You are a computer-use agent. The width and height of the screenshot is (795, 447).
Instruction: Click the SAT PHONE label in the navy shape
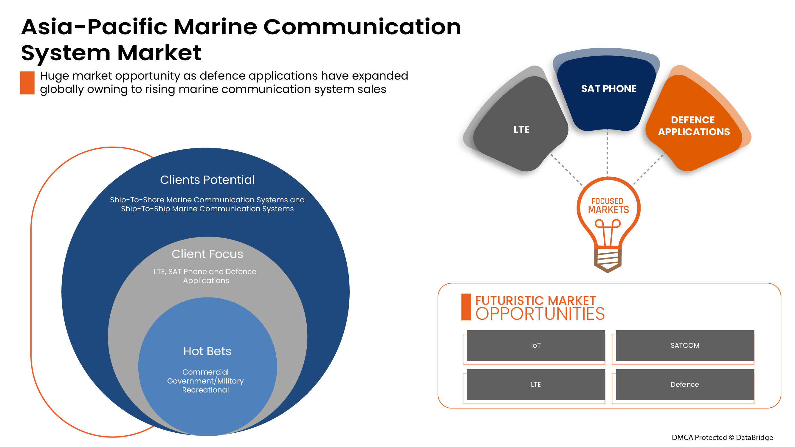[609, 89]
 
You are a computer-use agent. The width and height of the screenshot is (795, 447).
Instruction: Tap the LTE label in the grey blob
[521, 130]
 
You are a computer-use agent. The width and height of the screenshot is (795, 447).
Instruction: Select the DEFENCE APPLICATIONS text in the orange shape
[693, 126]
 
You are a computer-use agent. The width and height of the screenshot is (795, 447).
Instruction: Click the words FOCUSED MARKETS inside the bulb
[608, 206]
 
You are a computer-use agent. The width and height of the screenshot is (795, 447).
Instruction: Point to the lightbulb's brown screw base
[608, 259]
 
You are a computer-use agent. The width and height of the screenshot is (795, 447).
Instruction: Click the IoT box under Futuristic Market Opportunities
[535, 345]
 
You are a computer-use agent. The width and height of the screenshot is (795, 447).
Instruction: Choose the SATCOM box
[684, 345]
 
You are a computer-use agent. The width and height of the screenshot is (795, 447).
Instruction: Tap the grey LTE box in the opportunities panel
[535, 384]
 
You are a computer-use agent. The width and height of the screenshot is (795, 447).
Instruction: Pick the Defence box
[684, 384]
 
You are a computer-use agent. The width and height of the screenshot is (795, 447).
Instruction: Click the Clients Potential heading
[207, 180]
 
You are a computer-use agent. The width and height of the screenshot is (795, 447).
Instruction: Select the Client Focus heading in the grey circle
[207, 254]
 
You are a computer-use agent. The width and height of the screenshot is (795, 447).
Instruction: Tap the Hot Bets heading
[207, 351]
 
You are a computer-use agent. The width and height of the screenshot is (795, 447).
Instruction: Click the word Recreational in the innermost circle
[206, 390]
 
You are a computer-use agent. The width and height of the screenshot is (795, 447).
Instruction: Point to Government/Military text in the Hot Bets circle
[206, 381]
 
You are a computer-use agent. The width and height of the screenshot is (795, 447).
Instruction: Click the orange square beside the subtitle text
[27, 83]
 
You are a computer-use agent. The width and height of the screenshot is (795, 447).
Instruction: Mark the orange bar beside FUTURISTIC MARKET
[466, 307]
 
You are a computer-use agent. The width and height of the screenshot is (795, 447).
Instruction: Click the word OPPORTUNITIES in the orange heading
[540, 314]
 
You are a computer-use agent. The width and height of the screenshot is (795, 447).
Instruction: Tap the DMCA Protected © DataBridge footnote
[722, 437]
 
